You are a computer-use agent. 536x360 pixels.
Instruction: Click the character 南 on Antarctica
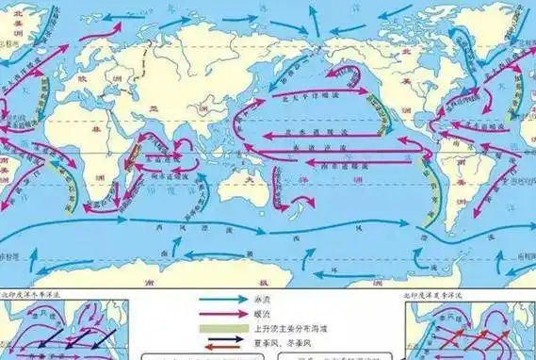click(226, 280)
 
